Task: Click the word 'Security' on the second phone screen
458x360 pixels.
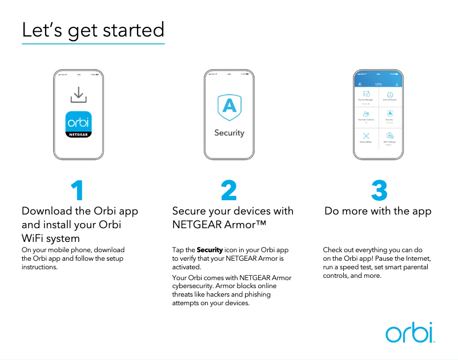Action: click(x=229, y=133)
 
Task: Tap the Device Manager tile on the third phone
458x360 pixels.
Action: click(x=366, y=96)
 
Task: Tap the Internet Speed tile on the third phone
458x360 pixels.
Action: click(x=390, y=96)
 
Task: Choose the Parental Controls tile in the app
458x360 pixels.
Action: click(x=366, y=116)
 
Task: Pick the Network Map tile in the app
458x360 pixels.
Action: click(x=366, y=137)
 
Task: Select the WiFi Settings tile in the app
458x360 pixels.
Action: click(x=390, y=137)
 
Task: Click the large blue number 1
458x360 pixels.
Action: click(x=78, y=191)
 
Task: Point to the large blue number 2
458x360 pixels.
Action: click(x=228, y=191)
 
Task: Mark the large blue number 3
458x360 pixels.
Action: click(x=379, y=191)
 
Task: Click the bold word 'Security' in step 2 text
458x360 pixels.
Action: click(x=210, y=250)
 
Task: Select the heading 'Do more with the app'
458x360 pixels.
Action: click(x=378, y=211)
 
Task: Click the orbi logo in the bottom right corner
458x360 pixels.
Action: click(x=409, y=333)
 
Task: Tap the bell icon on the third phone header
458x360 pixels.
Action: click(x=397, y=84)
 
